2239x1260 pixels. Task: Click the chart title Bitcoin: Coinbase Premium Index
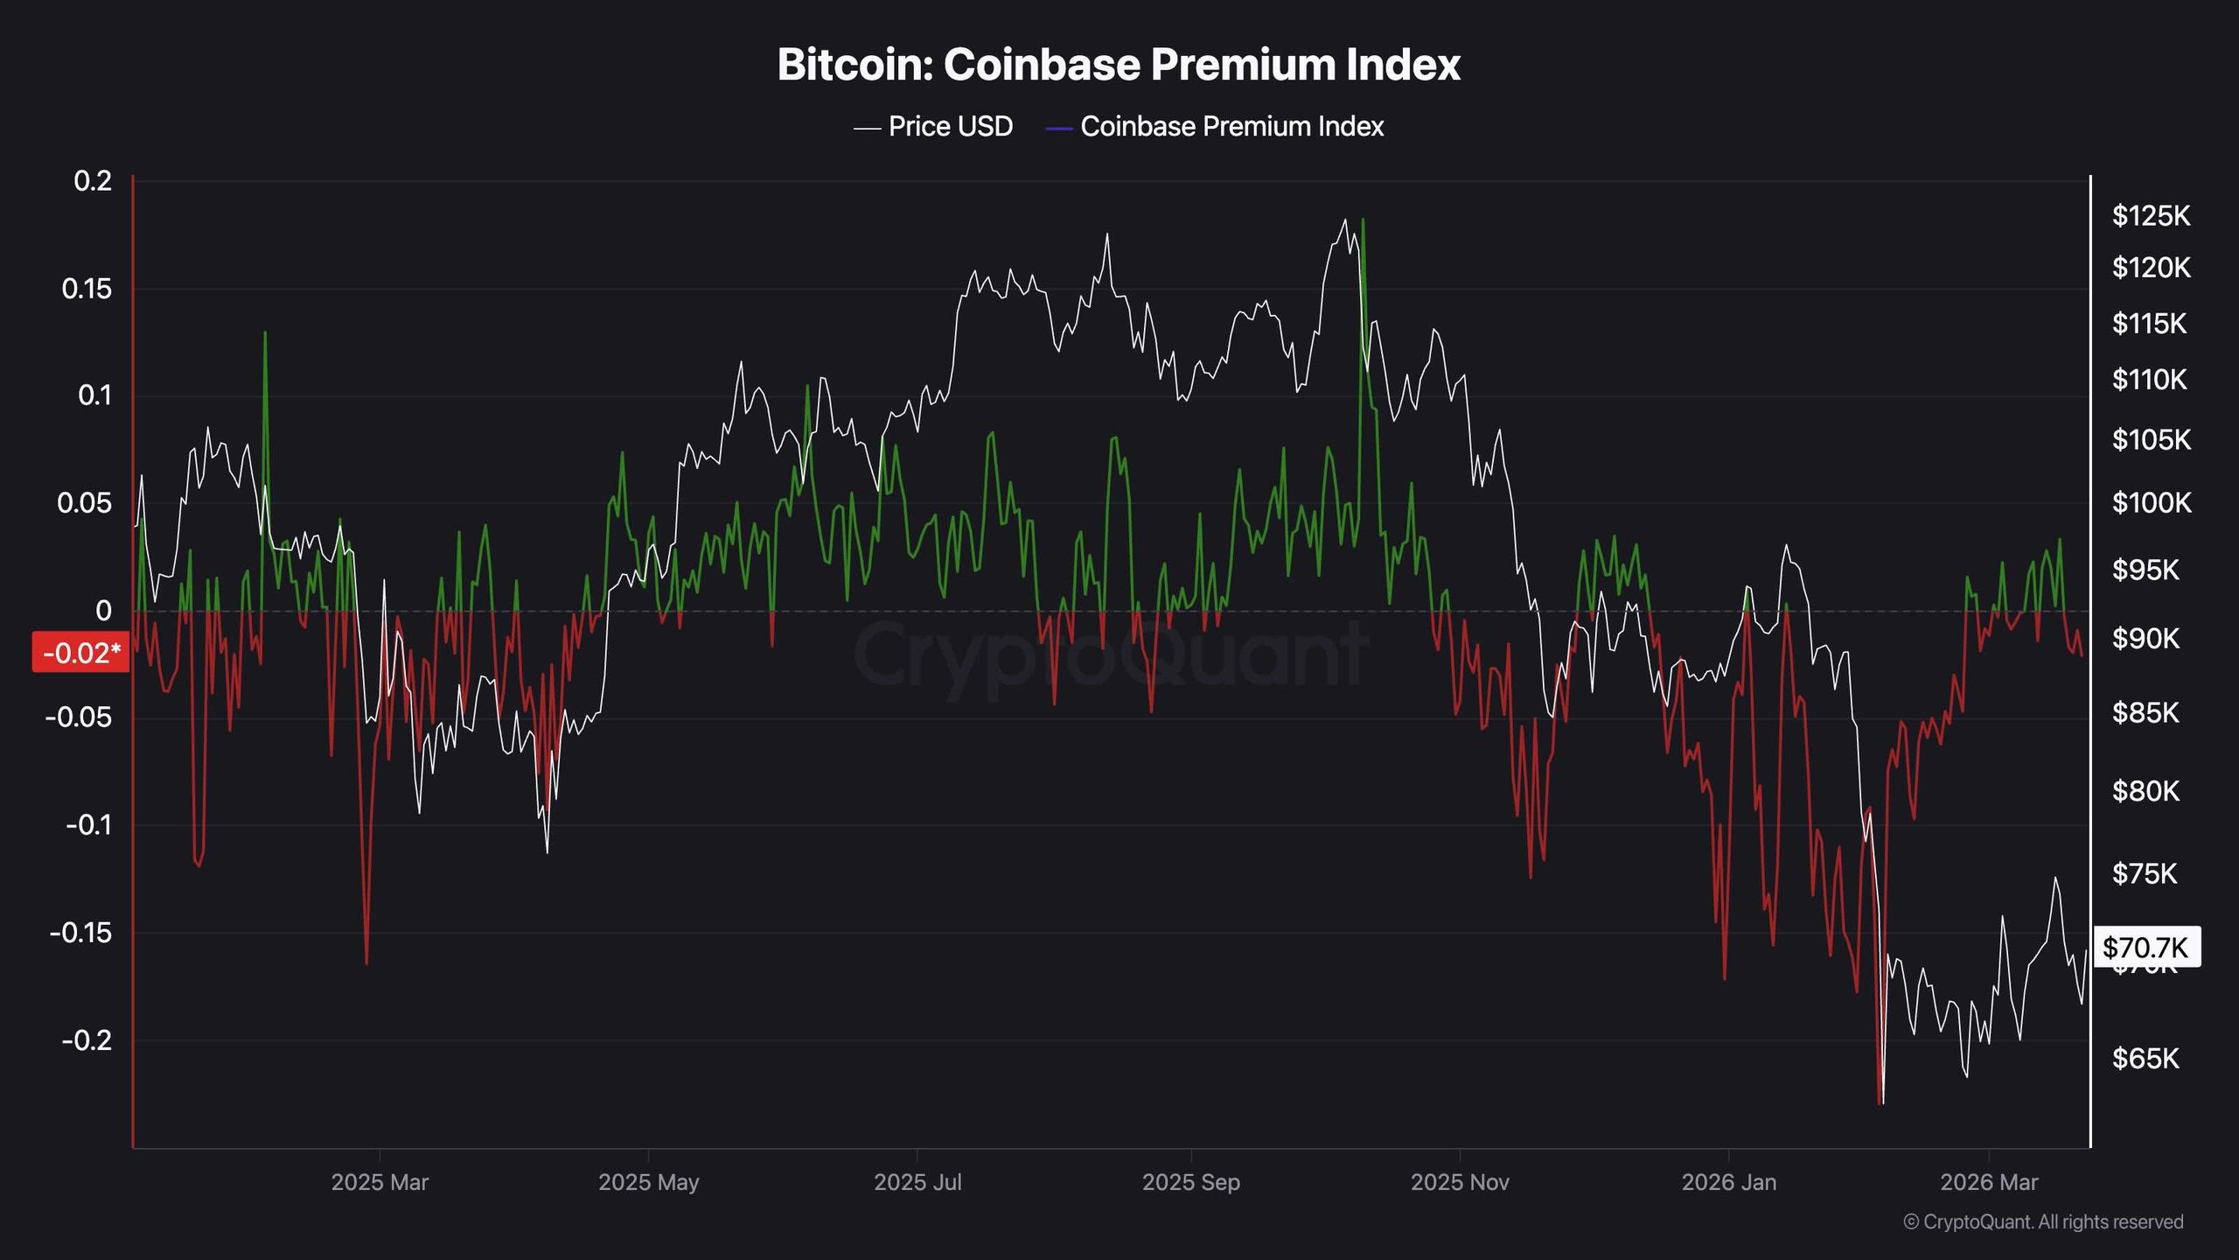[1119, 65]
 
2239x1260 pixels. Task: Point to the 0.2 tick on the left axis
[93, 181]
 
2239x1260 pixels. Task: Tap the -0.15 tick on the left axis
[81, 933]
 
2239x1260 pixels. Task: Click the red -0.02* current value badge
[80, 653]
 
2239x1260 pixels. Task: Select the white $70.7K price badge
[2145, 947]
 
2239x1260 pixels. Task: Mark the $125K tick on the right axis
[2151, 215]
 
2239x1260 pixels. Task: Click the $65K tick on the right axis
[2145, 1059]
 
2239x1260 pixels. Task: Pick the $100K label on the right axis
[2152, 503]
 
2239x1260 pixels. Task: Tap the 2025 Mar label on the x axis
[380, 1182]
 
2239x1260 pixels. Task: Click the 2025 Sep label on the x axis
[1190, 1182]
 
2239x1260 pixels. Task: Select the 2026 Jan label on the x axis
[1728, 1182]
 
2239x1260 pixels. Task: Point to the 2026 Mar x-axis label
[1988, 1182]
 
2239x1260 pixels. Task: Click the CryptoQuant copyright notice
[2043, 1221]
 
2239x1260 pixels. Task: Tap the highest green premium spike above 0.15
[1364, 221]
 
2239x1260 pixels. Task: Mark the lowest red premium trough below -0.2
[1880, 1102]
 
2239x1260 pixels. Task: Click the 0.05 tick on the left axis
[85, 503]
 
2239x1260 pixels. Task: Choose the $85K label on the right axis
[2145, 713]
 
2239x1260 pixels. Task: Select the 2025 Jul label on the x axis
[917, 1182]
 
